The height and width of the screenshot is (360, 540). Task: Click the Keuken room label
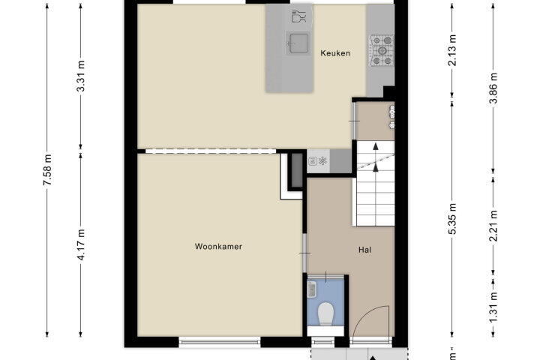click(335, 53)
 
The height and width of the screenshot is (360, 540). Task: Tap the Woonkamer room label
click(218, 246)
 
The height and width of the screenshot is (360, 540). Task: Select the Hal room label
click(364, 250)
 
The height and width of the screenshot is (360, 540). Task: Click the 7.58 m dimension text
click(48, 169)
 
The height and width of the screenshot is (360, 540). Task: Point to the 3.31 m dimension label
click(81, 76)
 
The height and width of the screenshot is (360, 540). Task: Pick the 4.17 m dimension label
click(81, 244)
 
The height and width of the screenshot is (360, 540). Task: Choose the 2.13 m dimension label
click(452, 50)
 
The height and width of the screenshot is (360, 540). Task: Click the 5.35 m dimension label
click(452, 219)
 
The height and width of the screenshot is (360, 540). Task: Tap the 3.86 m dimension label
click(493, 88)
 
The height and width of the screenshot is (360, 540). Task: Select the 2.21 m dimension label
click(493, 226)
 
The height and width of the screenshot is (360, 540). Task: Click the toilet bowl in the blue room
click(325, 313)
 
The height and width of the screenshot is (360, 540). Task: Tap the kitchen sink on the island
click(298, 43)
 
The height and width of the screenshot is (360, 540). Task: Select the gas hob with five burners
click(382, 50)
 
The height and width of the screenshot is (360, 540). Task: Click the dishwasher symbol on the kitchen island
click(298, 16)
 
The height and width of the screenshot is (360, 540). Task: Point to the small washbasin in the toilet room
click(312, 289)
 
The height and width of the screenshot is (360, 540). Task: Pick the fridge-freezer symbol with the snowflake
click(318, 161)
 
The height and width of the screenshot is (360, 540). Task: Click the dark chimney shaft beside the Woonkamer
click(297, 170)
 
